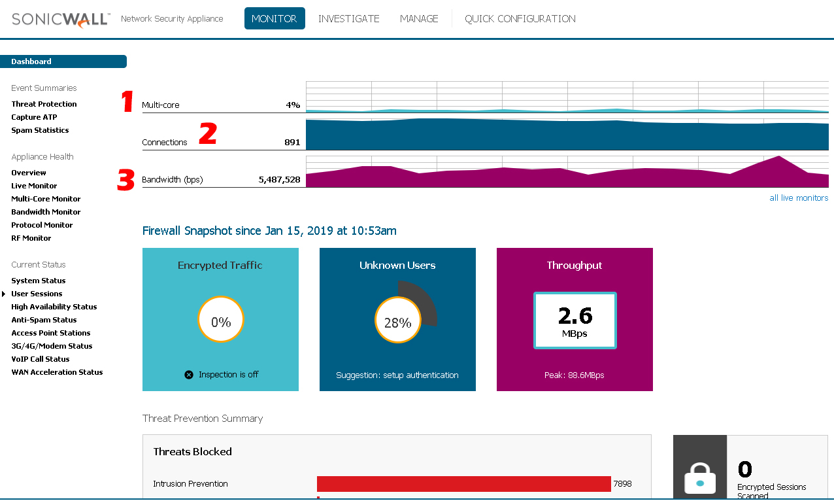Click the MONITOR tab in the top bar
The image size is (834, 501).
275,19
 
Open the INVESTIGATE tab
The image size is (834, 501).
348,19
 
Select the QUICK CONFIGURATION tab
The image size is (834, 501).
520,19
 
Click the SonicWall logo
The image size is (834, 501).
61,19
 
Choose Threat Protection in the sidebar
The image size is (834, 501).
44,104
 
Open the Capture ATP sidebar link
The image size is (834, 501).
34,117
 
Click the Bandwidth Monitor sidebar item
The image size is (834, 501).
46,212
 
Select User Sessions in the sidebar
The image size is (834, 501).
37,294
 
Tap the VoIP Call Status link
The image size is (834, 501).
40,359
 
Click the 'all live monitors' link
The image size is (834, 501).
799,198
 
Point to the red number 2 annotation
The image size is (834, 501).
207,133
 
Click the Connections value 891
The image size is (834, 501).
292,142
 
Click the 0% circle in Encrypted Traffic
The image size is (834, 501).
221,322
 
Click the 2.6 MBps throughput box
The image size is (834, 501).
575,320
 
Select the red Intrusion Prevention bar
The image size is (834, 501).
463,484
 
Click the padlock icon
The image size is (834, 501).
700,478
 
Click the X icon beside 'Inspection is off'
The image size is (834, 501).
189,375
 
